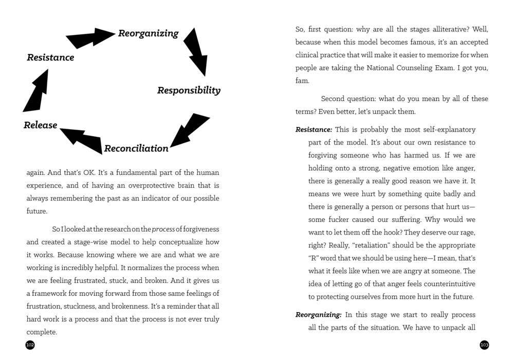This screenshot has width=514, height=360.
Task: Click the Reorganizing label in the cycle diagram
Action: coord(149,33)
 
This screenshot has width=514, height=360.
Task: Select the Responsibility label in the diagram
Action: coord(189,91)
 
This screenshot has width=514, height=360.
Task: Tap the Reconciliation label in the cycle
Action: coord(136,149)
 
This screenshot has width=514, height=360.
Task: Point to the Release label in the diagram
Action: coord(40,125)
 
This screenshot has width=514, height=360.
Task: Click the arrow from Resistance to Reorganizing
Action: coord(90,38)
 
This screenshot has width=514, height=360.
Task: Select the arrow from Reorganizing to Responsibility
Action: coord(196,52)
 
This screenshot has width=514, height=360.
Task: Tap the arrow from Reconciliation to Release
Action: coord(82,139)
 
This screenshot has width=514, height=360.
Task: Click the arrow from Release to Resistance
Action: coord(36,92)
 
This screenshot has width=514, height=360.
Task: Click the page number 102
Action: coord(30,345)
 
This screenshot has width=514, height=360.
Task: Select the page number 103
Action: coord(484,345)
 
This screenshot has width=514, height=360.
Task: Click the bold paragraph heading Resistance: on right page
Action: coord(314,130)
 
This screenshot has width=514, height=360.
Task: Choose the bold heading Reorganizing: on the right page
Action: coord(318,315)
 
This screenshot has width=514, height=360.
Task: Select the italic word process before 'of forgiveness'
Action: coord(164,229)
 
